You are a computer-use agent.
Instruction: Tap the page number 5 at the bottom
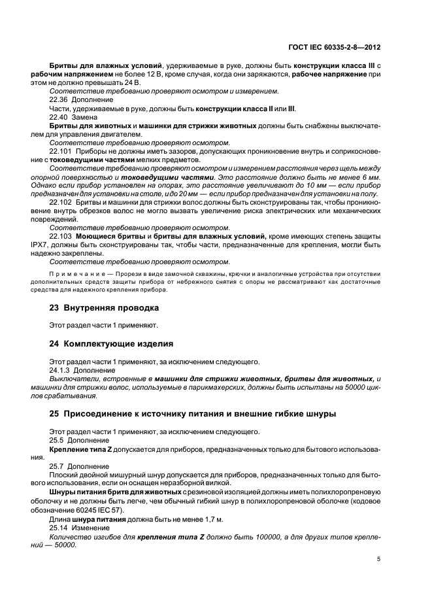pyautogui.click(x=380, y=558)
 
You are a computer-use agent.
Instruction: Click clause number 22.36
pyautogui.click(x=59, y=99)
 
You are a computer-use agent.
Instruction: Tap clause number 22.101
pyautogui.click(x=61, y=150)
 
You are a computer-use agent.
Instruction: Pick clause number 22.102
pyautogui.click(x=61, y=202)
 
